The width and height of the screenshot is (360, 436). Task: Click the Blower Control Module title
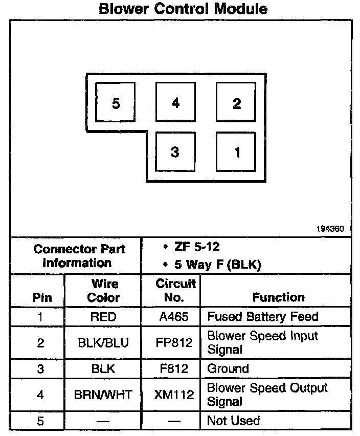pos(183,9)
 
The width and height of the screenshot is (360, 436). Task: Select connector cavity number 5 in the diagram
pos(116,103)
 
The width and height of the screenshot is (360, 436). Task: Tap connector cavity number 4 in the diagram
pos(175,103)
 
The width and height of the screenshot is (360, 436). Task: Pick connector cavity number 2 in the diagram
pos(236,103)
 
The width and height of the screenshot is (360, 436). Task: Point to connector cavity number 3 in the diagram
pos(175,152)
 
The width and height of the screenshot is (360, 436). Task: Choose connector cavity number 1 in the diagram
pos(236,152)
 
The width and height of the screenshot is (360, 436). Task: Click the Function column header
pos(278,297)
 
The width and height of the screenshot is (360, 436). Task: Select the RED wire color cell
pos(103,317)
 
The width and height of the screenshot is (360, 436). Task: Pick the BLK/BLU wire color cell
pos(103,343)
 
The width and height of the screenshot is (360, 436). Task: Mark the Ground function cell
pos(228,368)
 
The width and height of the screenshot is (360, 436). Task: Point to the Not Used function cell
pos(233,421)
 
